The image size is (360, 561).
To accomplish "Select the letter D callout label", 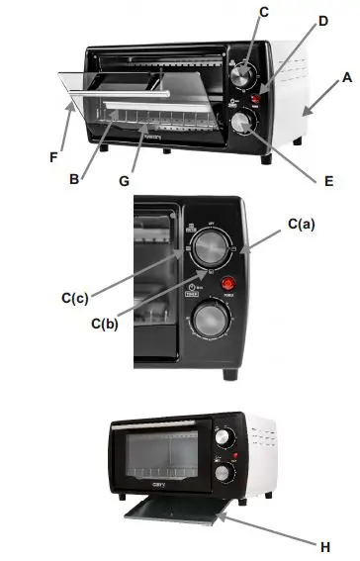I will click(x=323, y=21).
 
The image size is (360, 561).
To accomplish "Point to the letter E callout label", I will click(x=327, y=181).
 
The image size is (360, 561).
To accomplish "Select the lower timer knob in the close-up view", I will click(x=209, y=322).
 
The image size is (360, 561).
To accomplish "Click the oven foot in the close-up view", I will click(x=230, y=374).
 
